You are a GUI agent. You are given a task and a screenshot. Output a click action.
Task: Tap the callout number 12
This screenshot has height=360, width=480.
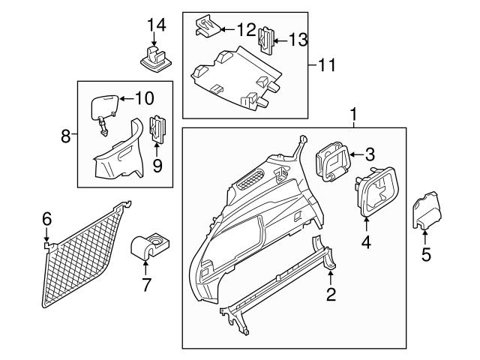(246, 30)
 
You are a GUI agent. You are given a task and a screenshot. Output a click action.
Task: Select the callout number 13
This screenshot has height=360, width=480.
(298, 40)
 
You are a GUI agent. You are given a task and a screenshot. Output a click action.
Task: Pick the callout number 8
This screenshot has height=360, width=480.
(66, 136)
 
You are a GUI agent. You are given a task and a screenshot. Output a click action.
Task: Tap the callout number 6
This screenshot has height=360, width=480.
(46, 219)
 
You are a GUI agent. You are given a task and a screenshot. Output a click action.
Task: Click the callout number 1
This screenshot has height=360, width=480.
(353, 116)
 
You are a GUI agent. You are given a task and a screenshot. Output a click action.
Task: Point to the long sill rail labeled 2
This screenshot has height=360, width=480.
(285, 286)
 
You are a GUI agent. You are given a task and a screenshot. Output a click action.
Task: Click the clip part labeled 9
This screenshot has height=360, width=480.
(159, 128)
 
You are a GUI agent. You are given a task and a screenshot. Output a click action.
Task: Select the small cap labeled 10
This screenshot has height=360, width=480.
(103, 106)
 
